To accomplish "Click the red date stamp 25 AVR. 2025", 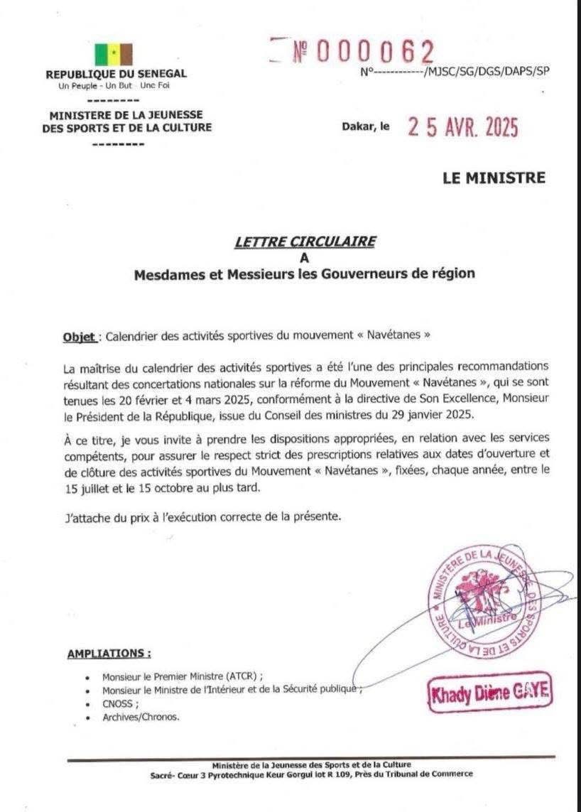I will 462,127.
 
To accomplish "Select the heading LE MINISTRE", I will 494,178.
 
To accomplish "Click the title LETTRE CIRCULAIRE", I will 305,242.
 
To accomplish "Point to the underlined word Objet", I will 79,335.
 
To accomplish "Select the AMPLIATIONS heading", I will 109,654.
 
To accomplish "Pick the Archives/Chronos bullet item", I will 141,717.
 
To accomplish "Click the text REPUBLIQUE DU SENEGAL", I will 116,74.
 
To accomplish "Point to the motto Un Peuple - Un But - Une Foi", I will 116,86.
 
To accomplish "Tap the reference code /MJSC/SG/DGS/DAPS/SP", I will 486,70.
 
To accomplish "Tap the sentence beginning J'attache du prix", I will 202,516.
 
